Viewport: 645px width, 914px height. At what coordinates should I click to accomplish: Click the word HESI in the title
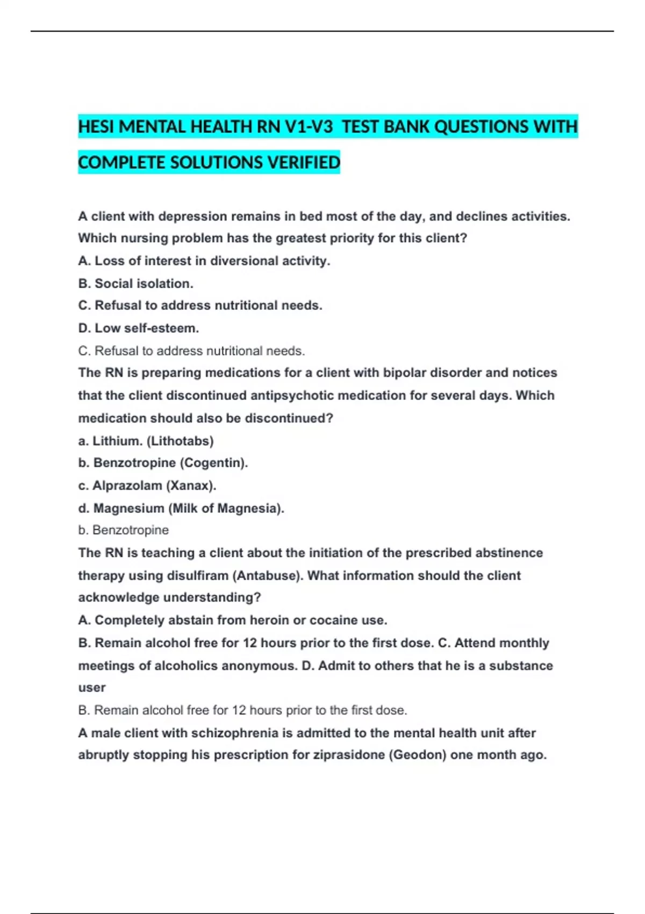tap(96, 127)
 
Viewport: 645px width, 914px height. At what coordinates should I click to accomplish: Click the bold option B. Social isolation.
tap(135, 283)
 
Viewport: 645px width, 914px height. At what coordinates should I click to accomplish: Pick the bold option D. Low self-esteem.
tap(138, 328)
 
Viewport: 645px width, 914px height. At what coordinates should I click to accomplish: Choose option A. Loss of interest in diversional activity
tap(204, 261)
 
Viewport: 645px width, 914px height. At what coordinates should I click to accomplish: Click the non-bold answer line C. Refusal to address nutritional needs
tap(191, 351)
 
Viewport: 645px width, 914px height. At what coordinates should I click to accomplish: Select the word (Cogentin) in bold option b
tap(213, 463)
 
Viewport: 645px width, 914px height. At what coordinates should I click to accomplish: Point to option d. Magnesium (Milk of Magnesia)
tap(181, 508)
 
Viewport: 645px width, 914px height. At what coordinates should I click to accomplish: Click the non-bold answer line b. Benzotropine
tap(123, 530)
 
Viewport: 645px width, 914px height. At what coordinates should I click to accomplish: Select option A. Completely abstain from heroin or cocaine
tap(232, 620)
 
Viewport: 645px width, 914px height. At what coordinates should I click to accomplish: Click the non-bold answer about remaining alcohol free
tap(242, 710)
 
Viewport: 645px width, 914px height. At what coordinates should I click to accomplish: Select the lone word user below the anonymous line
tap(92, 688)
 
